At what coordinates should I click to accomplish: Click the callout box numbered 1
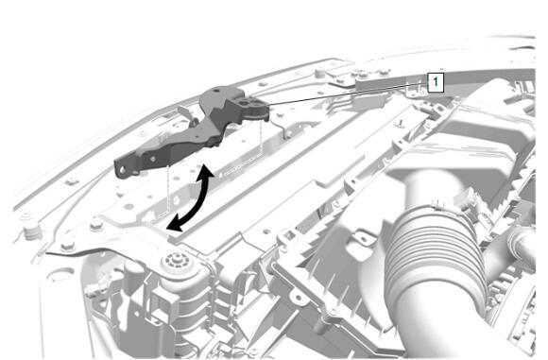point(436,82)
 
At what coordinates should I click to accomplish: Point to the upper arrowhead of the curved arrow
point(207,173)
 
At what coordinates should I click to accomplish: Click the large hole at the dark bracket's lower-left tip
point(123,170)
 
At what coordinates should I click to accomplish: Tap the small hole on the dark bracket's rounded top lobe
point(217,91)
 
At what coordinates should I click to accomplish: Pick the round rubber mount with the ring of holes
point(179,261)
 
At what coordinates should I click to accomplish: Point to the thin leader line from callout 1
point(345,93)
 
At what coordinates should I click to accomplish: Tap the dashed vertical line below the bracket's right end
point(262,138)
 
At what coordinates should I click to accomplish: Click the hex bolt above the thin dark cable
point(67,247)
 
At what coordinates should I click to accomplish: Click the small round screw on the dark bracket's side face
point(153,159)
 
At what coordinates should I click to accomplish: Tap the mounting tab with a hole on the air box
point(364,239)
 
